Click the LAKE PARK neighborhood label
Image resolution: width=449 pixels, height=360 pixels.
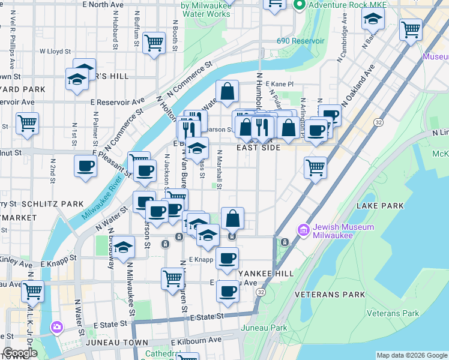point(380,206)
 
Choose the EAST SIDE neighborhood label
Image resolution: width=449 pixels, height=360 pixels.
point(258,148)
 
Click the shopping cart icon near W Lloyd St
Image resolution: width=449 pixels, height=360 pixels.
point(154,42)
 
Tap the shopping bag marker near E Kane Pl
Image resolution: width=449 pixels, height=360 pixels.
point(228,92)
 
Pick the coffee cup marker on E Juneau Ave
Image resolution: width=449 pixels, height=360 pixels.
point(227,292)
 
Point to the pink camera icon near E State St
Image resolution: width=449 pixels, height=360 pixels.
point(56,328)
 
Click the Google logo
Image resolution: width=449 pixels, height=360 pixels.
point(20,353)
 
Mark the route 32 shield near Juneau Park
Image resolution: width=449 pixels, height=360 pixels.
point(260,292)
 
